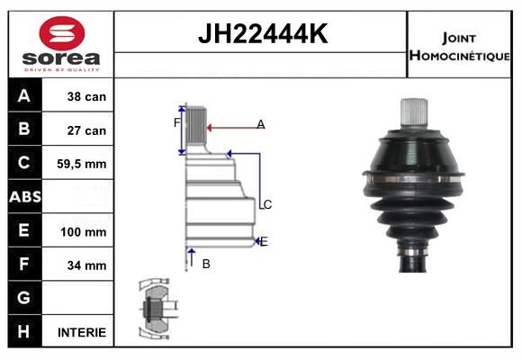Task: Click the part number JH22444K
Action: click(x=263, y=33)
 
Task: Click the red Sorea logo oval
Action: click(x=62, y=33)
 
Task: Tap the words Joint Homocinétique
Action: click(x=459, y=47)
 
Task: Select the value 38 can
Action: click(x=86, y=96)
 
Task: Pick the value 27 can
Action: click(x=86, y=130)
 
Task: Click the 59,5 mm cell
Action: click(x=82, y=164)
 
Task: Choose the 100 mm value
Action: click(x=83, y=232)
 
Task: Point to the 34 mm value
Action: click(x=86, y=265)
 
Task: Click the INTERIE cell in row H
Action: click(x=82, y=332)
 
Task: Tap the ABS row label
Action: click(x=25, y=197)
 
